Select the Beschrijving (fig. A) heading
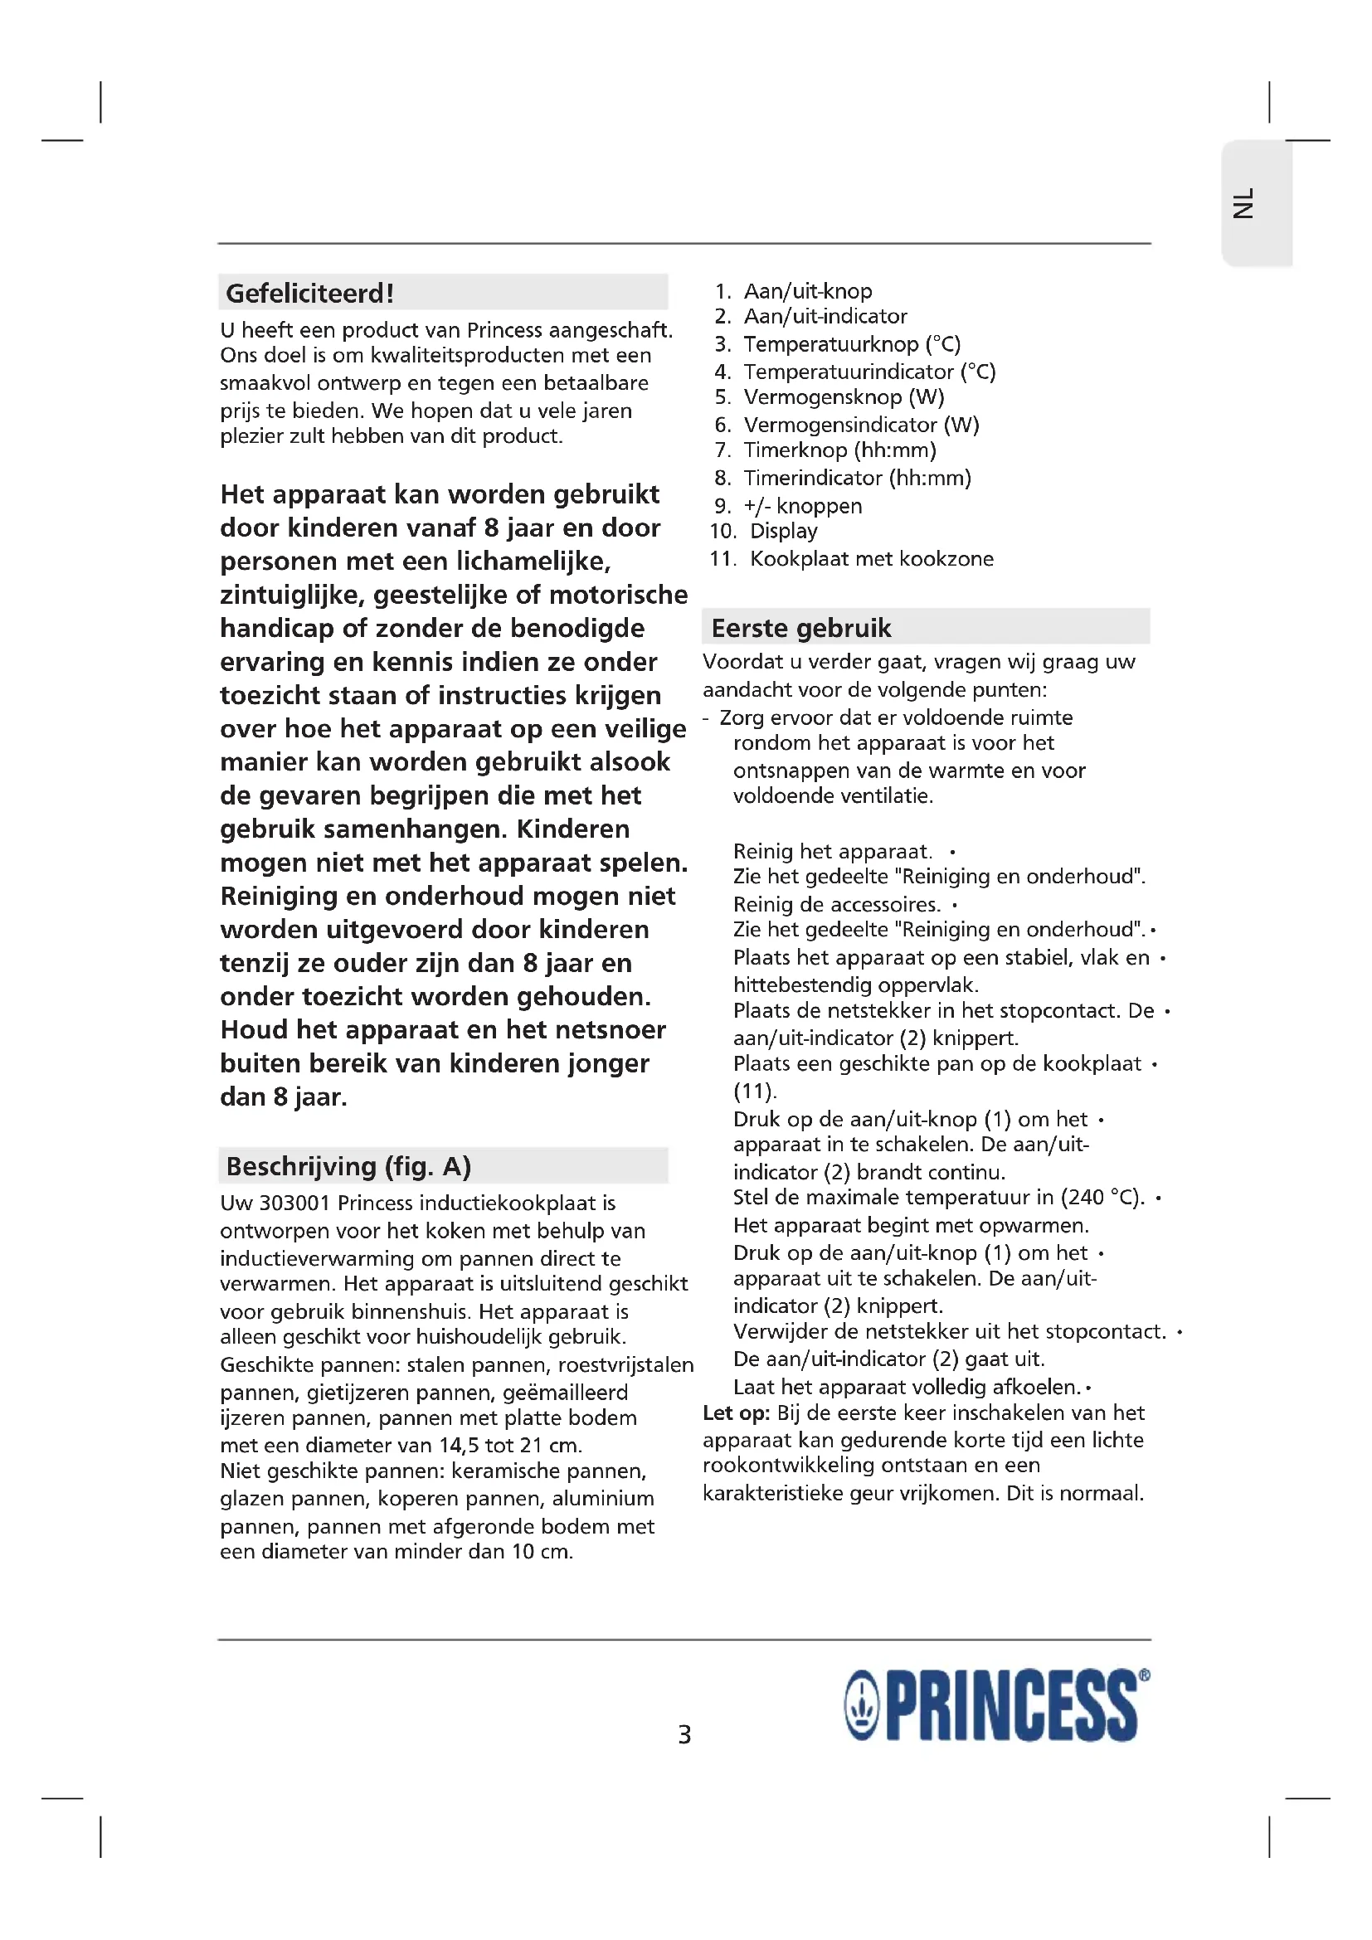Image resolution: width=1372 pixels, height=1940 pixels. tap(348, 1166)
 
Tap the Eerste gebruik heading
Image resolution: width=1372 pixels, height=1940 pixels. tap(801, 628)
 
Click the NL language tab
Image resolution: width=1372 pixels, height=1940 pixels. tap(1244, 204)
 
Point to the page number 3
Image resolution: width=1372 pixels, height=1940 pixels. tap(684, 1734)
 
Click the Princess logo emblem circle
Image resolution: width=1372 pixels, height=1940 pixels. tap(863, 1706)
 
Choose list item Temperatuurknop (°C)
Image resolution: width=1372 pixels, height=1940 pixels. tap(852, 344)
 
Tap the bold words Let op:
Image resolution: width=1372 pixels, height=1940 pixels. tap(736, 1412)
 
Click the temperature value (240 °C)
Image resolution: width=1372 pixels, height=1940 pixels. tap(1102, 1198)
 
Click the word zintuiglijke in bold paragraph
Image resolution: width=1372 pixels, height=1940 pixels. tap(291, 595)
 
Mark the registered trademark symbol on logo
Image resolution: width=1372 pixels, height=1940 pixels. tap(1144, 1675)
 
